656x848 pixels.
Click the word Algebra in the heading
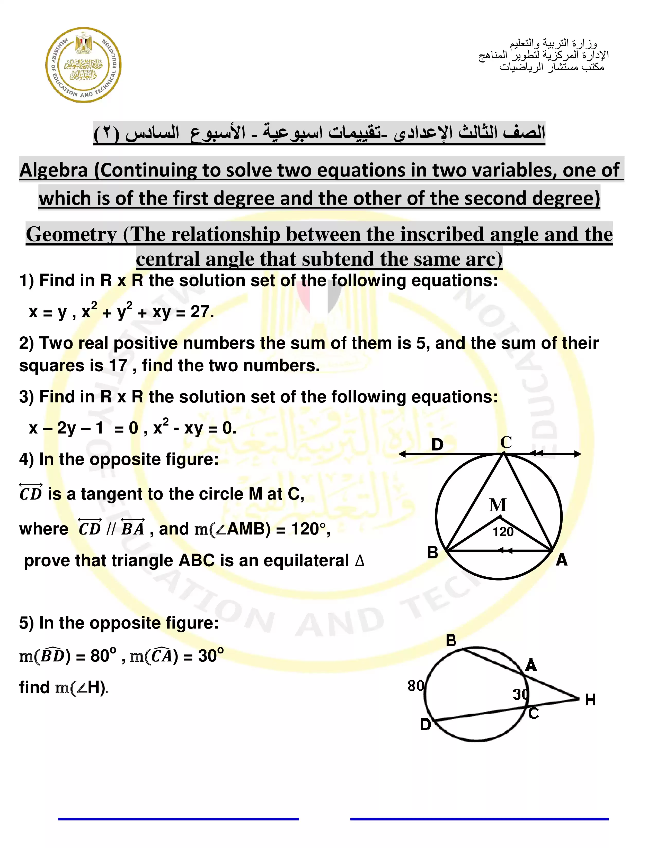[x=54, y=170]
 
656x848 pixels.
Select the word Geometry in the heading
[x=71, y=235]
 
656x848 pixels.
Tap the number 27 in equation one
[x=200, y=312]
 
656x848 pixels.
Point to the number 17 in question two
[x=118, y=365]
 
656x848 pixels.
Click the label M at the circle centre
[x=498, y=505]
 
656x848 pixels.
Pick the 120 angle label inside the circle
[x=503, y=532]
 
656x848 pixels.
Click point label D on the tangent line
[x=437, y=445]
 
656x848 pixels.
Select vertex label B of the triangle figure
[x=432, y=552]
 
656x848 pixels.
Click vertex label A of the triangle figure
[x=562, y=560]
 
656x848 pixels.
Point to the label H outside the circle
[x=590, y=700]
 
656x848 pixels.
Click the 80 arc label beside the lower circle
[x=416, y=685]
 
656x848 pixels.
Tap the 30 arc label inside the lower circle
[x=521, y=694]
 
